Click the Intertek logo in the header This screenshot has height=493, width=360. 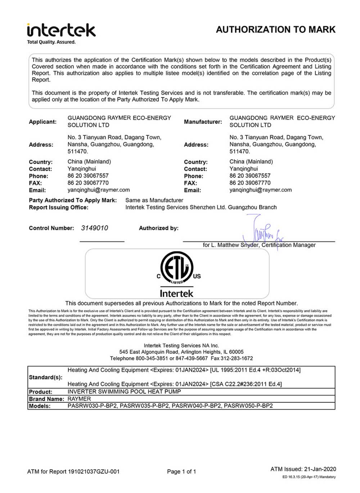(x=61, y=30)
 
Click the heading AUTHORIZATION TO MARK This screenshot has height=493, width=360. (x=275, y=30)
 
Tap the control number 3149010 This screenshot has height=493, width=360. (x=94, y=228)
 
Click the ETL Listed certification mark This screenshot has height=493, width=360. (x=177, y=268)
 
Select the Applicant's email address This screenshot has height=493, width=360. (x=99, y=190)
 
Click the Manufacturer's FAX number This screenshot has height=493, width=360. (x=250, y=183)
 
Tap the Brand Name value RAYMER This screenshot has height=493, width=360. (x=79, y=399)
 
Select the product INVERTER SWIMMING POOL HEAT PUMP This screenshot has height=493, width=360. (x=124, y=392)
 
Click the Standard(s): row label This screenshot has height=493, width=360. (x=45, y=377)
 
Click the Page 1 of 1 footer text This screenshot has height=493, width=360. (x=181, y=471)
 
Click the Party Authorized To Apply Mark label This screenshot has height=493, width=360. (x=73, y=200)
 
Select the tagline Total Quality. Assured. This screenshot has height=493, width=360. (x=51, y=42)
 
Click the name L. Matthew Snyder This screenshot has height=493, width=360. (x=234, y=245)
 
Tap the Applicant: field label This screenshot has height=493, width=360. (x=42, y=122)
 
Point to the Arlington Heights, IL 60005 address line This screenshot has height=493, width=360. (x=181, y=352)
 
